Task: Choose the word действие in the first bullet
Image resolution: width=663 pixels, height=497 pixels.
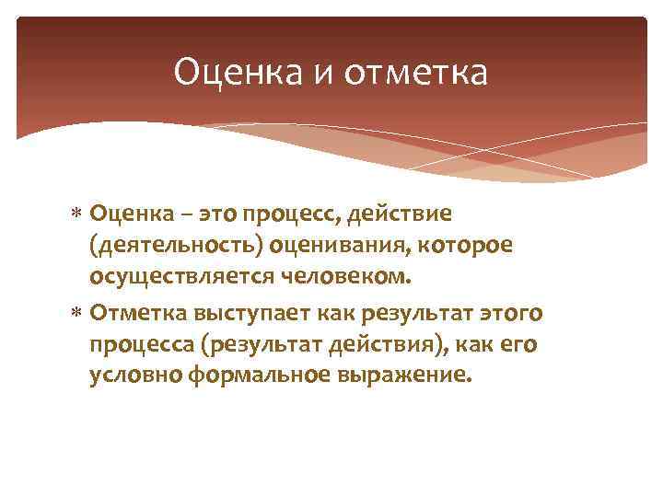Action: pyautogui.click(x=404, y=214)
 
